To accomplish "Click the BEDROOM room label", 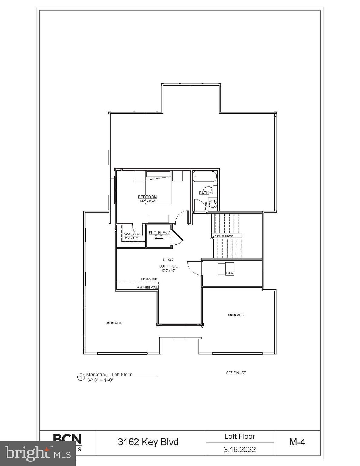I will tap(147, 197).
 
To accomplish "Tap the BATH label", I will tap(204, 193).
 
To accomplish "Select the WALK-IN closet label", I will tap(132, 234).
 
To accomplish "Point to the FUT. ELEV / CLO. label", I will tap(159, 235).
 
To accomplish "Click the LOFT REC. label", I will tap(169, 266).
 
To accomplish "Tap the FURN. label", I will tap(230, 273).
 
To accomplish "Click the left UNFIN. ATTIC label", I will tap(114, 323).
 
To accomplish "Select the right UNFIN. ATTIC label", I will tap(236, 315).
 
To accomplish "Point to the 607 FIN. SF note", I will tap(236, 373).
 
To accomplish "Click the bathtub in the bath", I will tap(205, 177).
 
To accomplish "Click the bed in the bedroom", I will tap(158, 187).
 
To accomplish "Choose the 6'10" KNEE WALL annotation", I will tap(147, 287).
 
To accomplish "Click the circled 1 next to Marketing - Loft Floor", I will tap(81, 377).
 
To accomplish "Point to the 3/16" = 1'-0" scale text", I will tap(100, 380).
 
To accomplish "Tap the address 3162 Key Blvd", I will tap(148, 442).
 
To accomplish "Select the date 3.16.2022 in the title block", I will tap(240, 449).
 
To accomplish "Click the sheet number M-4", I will tap(297, 442).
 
